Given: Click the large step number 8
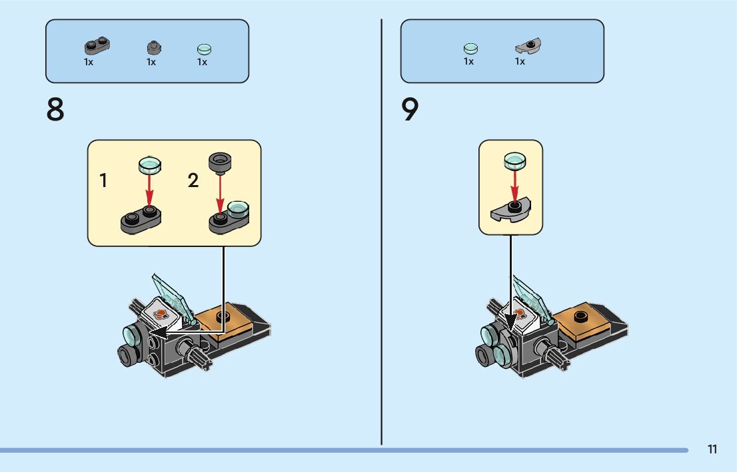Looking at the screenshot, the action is click(55, 110).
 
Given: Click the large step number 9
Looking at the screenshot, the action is click(410, 110).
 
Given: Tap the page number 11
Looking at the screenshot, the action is click(712, 449).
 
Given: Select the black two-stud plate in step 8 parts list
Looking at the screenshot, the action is click(97, 46).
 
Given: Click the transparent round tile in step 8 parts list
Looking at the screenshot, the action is click(204, 49).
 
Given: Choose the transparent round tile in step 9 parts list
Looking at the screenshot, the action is click(470, 48).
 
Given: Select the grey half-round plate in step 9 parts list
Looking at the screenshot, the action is click(530, 47).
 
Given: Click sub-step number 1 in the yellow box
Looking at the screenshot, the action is click(103, 180).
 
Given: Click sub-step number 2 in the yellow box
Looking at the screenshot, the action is click(193, 180).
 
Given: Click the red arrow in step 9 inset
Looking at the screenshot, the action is click(514, 182).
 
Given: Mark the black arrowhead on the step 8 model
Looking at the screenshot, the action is click(157, 331).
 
